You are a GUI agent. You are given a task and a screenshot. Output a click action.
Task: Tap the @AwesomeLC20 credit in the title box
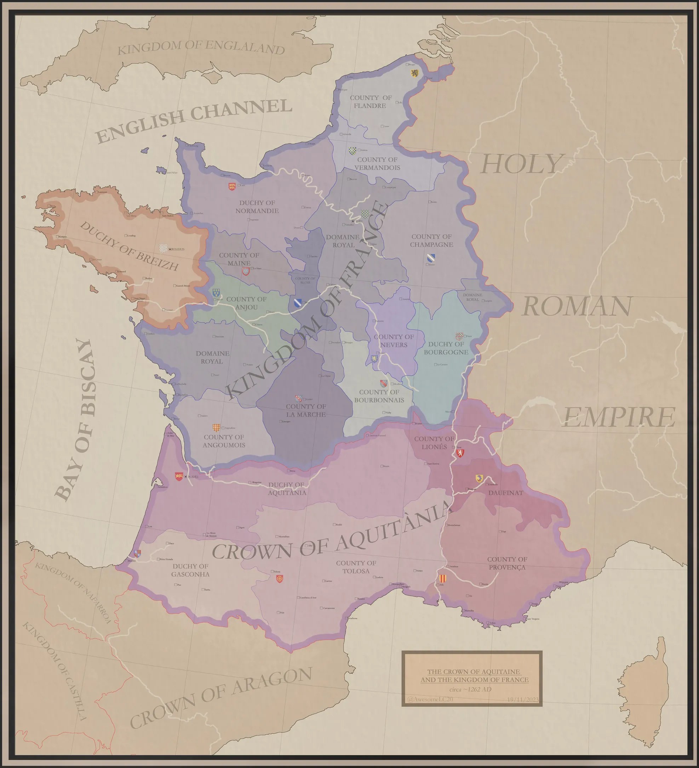[430, 700]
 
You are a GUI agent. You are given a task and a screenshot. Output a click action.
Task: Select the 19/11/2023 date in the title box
[523, 700]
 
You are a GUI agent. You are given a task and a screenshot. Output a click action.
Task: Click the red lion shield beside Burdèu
[178, 476]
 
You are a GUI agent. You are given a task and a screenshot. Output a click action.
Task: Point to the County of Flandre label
[370, 102]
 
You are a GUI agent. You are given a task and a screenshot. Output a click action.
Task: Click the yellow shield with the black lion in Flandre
[414, 73]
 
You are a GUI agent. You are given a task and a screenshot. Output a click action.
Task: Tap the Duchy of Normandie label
[257, 207]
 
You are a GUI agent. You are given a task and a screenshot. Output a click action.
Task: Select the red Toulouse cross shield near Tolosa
[279, 579]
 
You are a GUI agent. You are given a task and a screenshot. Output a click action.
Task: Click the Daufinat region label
[506, 493]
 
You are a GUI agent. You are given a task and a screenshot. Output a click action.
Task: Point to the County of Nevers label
[394, 341]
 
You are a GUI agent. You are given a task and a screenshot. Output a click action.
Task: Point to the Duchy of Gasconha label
[190, 570]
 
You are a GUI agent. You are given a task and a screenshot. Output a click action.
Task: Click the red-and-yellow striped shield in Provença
[442, 579]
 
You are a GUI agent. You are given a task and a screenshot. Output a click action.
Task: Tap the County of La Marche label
[305, 410]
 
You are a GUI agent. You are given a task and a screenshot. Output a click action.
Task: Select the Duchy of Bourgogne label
[446, 348]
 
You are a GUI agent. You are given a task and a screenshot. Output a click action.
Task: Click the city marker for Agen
[238, 528]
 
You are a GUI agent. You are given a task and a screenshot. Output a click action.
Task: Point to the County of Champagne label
[431, 240]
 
